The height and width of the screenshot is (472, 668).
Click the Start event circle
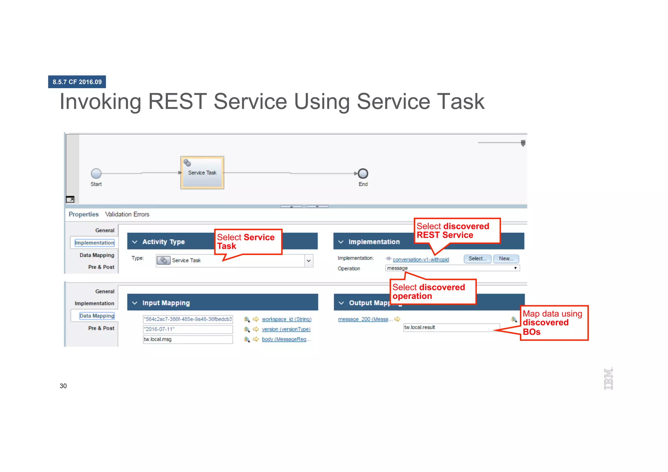[96, 174]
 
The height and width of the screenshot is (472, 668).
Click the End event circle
[363, 174]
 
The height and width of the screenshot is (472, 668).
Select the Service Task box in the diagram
[202, 173]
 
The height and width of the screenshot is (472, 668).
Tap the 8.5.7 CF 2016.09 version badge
[77, 82]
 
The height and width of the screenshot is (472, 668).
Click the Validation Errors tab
[127, 214]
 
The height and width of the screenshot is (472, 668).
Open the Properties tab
[83, 214]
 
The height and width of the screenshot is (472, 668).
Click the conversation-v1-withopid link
[421, 260]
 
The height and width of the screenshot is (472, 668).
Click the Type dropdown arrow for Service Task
[309, 261]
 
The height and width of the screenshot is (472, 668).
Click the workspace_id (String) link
[286, 319]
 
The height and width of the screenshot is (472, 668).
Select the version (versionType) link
[286, 329]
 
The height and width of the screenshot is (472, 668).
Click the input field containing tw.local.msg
[188, 340]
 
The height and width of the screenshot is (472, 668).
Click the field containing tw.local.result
[451, 327]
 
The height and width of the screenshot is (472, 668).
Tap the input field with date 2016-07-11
[188, 329]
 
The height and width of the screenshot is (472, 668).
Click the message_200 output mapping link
[363, 319]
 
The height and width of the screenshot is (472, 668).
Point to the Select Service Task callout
[248, 242]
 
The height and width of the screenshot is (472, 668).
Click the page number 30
[63, 386]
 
